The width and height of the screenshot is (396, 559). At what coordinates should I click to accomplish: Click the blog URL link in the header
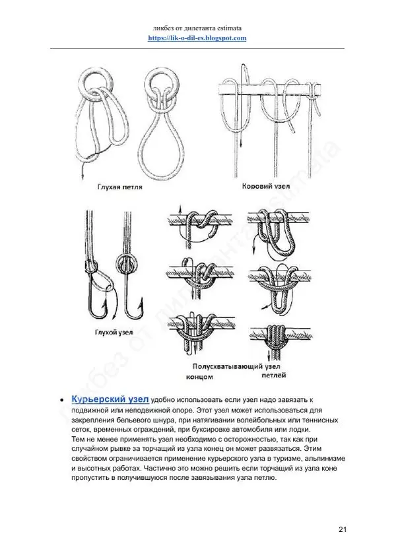(197, 38)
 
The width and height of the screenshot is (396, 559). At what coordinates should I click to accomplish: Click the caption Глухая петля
(119, 186)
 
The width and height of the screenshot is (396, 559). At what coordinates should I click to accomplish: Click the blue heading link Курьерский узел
(110, 400)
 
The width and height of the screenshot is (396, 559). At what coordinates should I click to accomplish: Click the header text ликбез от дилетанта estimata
(197, 27)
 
